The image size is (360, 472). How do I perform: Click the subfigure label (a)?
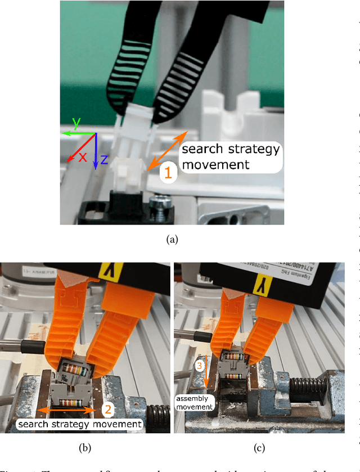(172, 239)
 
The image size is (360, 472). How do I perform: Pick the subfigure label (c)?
(260, 449)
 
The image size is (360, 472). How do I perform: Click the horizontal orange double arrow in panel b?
(62, 410)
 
